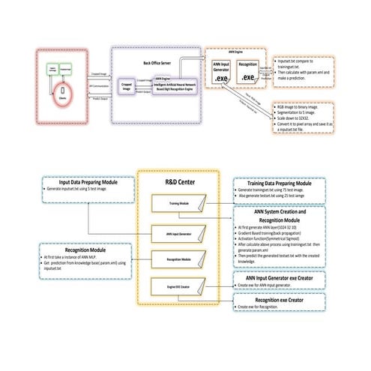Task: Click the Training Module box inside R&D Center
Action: coord(178,202)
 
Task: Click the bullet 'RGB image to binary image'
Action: coord(304,108)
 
